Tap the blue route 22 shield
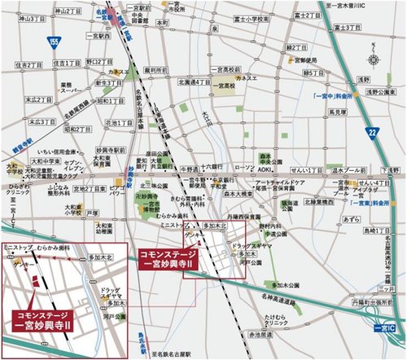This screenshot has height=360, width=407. (373, 131)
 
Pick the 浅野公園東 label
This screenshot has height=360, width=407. (380, 94)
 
